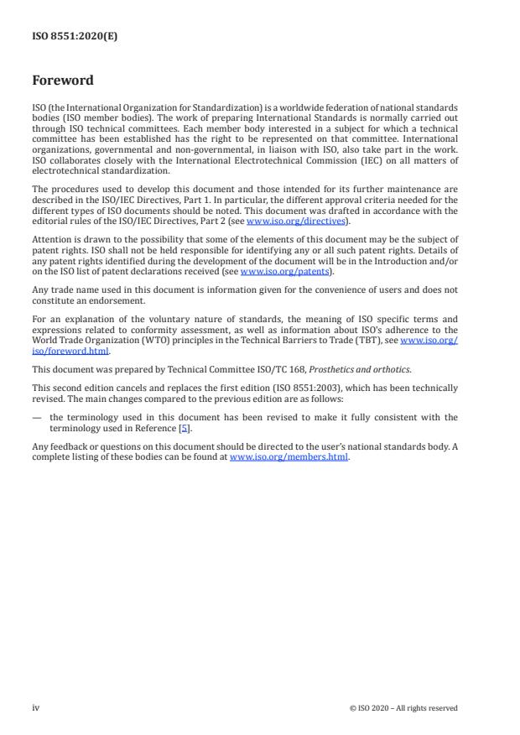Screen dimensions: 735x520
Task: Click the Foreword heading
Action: (x=63, y=81)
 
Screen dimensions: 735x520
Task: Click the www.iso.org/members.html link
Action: (x=289, y=459)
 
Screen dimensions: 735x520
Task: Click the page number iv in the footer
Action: (x=35, y=707)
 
